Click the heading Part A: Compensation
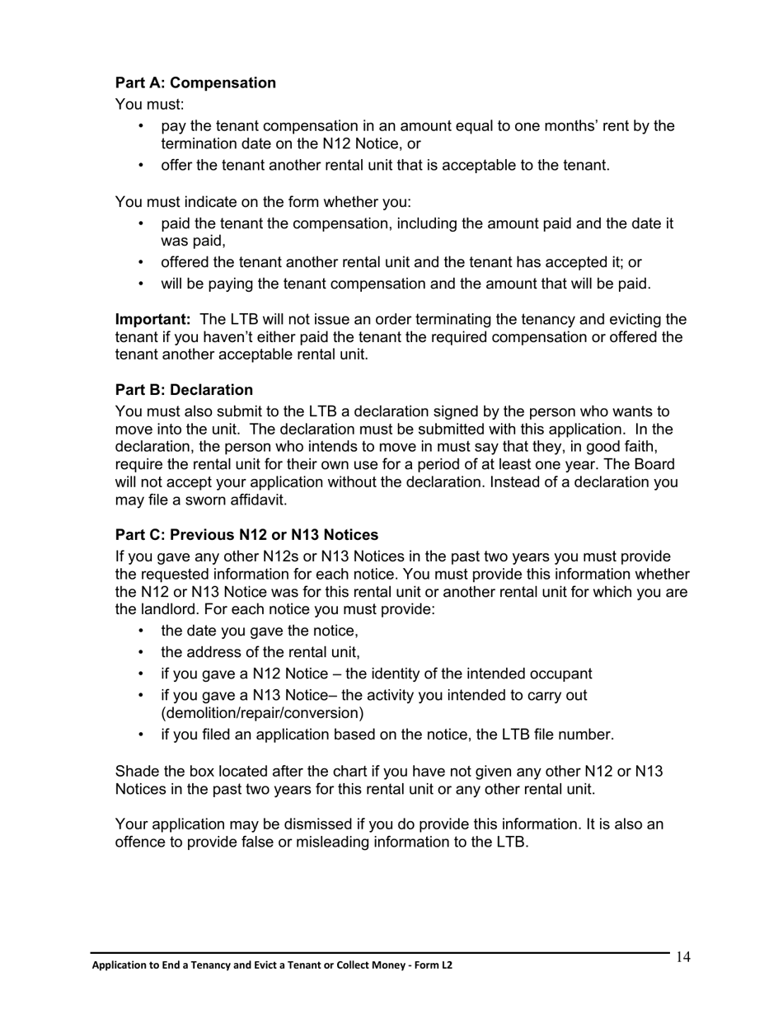click(195, 82)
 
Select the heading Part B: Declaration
click(184, 389)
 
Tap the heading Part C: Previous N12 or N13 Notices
click(246, 534)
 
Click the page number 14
click(682, 957)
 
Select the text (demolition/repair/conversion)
click(262, 712)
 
